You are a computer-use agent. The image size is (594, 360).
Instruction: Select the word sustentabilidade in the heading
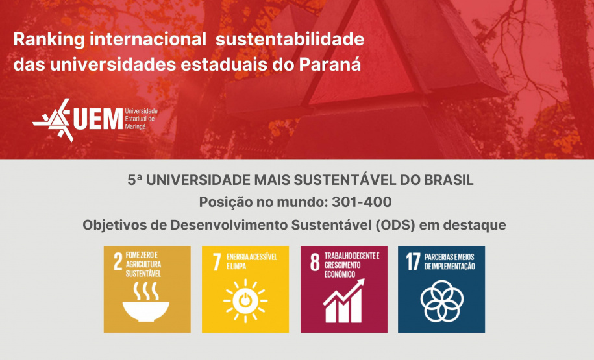click(290, 39)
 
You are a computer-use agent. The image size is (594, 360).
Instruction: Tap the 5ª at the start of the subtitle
click(135, 180)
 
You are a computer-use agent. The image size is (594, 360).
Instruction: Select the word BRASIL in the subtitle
click(448, 180)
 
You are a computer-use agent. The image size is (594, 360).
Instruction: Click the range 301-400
click(361, 202)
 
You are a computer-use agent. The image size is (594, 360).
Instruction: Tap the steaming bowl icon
click(146, 304)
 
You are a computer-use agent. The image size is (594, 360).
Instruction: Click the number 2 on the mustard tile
click(118, 261)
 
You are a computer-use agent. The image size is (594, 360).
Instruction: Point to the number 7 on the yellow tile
click(216, 261)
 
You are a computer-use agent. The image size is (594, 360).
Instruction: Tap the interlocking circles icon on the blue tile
click(441, 300)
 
